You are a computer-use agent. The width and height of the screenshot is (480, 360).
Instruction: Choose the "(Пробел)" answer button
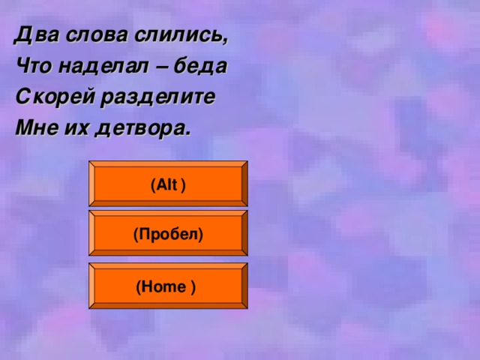(x=168, y=235)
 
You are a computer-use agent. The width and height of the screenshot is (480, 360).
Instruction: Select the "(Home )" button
(x=168, y=286)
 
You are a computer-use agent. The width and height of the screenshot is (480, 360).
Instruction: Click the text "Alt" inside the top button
(x=166, y=184)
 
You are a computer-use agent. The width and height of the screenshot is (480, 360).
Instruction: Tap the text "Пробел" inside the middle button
(x=168, y=235)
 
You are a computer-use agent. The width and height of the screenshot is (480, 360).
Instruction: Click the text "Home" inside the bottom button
(x=163, y=286)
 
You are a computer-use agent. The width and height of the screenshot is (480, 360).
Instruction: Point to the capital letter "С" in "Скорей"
(x=22, y=97)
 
